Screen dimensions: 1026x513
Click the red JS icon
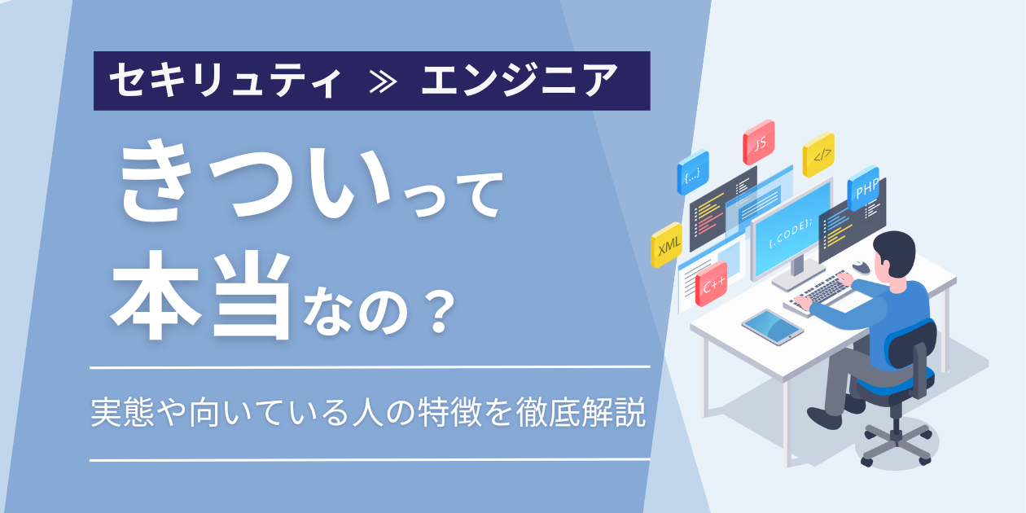[759, 142]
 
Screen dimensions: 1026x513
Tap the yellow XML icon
[667, 245]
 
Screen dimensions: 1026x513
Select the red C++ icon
[712, 284]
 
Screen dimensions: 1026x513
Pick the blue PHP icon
[863, 188]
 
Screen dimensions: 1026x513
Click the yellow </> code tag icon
[818, 155]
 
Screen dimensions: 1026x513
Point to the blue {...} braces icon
[693, 173]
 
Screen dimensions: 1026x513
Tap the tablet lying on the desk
[772, 327]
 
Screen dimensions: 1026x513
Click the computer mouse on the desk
[861, 267]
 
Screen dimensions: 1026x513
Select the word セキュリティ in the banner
[226, 81]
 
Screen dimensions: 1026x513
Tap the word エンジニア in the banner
[520, 81]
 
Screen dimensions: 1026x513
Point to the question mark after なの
[439, 313]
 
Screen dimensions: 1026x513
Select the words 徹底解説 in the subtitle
[581, 412]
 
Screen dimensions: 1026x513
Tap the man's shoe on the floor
[824, 418]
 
